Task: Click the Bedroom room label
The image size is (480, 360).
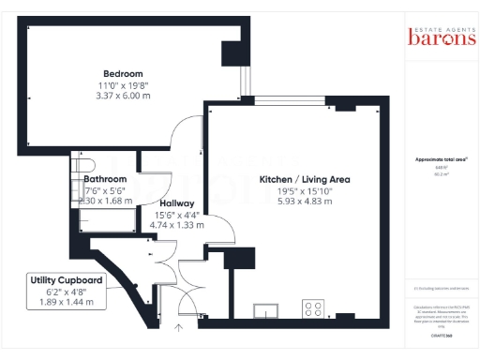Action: [123, 74]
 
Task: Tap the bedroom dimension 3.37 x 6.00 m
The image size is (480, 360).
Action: [123, 95]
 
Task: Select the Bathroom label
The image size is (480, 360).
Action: [105, 178]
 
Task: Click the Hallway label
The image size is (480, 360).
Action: [176, 203]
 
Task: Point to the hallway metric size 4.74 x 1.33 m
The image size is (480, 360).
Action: [177, 225]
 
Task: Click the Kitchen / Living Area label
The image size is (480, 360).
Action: [292, 178]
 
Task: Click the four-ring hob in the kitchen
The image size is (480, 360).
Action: [312, 307]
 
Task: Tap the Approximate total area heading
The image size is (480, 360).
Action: [442, 159]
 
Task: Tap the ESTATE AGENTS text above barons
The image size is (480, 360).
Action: [434, 24]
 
